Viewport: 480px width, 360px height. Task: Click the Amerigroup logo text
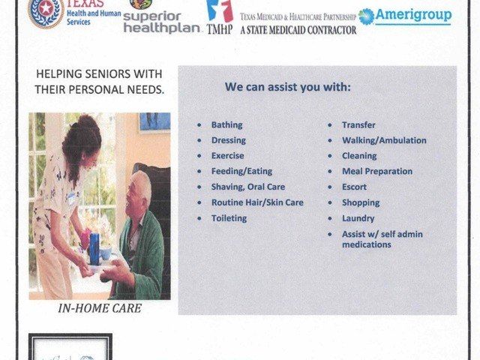point(415,15)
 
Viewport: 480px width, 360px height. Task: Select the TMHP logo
point(219,18)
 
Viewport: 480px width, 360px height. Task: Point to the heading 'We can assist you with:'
point(287,87)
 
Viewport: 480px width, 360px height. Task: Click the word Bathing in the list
point(226,125)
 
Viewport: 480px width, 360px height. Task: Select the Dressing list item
point(228,140)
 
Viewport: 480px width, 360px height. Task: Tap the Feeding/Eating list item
point(241,172)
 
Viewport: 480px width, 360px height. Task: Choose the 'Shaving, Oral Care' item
point(247,187)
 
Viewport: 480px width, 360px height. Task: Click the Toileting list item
point(229,218)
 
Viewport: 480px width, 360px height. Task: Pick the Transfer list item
point(358,125)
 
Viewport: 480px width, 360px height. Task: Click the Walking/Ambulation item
point(384,140)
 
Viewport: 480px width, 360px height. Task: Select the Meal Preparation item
point(376,172)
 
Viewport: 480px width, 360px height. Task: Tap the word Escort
point(354,187)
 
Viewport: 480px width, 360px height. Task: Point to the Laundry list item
point(358,218)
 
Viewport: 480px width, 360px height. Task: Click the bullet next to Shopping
point(331,203)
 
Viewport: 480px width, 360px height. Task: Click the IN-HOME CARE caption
point(99,308)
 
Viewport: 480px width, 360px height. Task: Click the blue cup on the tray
point(94,248)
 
